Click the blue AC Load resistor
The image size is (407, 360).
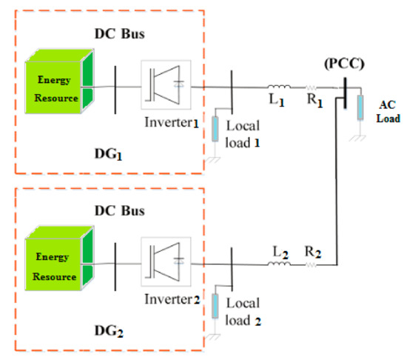coord(361,107)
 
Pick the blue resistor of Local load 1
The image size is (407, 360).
coord(216,127)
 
